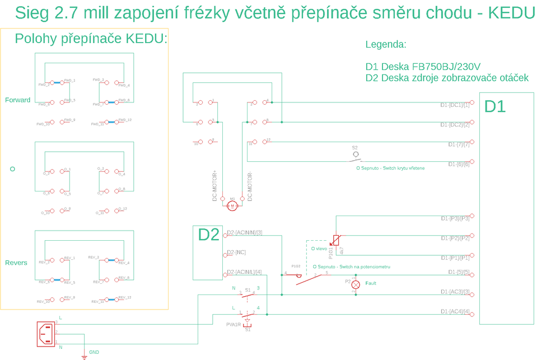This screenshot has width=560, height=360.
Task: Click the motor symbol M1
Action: [232, 206]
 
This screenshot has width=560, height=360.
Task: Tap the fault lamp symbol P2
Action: [355, 284]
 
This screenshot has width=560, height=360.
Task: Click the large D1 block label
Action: [494, 106]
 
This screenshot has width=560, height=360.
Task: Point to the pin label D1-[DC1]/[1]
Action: [454, 105]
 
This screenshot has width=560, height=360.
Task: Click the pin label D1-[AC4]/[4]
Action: [454, 311]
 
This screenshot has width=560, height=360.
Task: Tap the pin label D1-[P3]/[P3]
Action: [454, 218]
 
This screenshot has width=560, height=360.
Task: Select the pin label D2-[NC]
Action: [236, 253]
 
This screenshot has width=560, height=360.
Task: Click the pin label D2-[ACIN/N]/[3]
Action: [245, 233]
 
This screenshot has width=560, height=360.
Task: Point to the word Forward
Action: [17, 100]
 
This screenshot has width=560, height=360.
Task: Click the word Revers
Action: [16, 263]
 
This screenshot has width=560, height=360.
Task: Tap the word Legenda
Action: [385, 45]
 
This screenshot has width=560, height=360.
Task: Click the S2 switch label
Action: [354, 147]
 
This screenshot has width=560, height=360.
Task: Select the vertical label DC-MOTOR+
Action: [214, 186]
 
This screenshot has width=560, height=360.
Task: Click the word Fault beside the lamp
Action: [371, 283]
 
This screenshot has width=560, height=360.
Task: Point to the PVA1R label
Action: [234, 325]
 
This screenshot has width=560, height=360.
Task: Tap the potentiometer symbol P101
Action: [335, 241]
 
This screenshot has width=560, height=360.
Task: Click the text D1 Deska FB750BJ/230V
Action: [423, 66]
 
